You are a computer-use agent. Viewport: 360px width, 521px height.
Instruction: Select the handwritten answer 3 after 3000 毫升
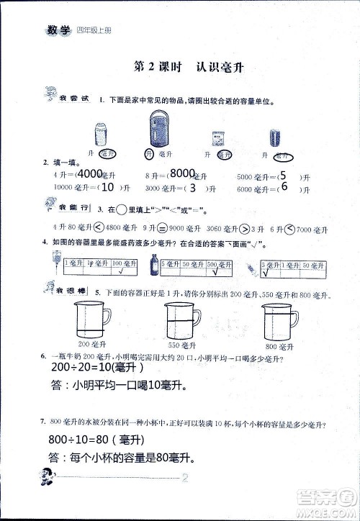pos(191,188)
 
